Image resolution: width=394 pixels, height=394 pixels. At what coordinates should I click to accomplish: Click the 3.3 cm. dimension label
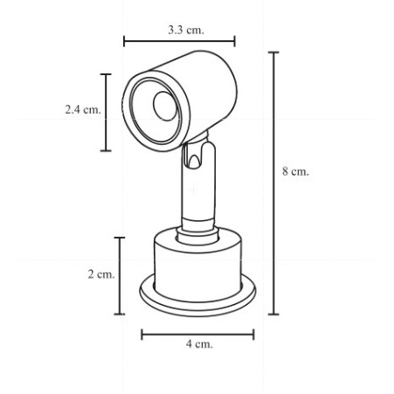point(185,30)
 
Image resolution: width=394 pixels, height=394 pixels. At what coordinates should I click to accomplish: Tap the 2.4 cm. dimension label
point(82,110)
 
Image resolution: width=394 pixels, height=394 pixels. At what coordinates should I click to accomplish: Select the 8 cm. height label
point(295,172)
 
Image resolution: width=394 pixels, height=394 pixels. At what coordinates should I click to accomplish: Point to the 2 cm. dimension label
point(100,274)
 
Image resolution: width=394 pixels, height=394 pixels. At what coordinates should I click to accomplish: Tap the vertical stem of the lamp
point(197,197)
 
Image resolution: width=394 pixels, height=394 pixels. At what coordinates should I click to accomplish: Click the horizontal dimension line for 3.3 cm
point(179,40)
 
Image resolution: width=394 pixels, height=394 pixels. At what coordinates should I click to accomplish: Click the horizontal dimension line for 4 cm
point(197,333)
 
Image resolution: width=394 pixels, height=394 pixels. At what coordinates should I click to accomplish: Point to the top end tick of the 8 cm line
point(274,52)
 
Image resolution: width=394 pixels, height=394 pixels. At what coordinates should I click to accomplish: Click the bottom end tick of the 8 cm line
point(274,314)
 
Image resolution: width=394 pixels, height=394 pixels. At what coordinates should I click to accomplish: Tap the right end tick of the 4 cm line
point(253,333)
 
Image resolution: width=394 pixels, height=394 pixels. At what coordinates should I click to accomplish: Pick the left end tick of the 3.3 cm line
point(124,40)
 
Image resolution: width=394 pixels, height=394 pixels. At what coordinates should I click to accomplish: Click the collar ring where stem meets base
point(197,232)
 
